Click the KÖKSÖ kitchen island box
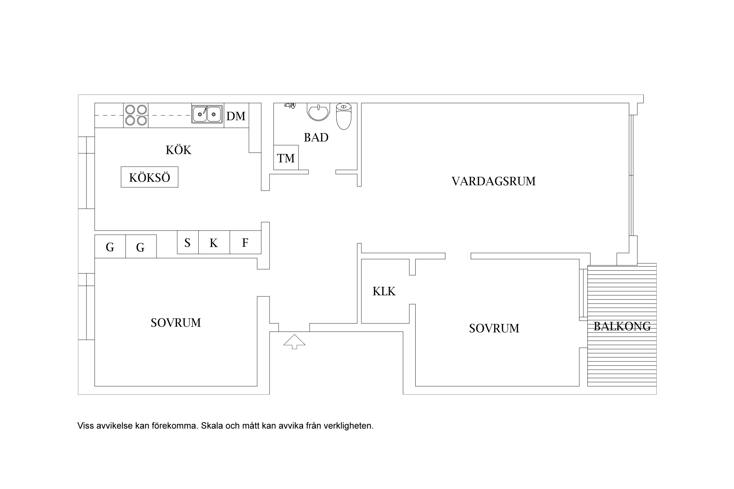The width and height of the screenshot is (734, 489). pyautogui.click(x=149, y=177)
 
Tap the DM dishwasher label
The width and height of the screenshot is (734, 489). pyautogui.click(x=236, y=116)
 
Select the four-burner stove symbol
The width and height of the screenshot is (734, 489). pyautogui.click(x=136, y=115)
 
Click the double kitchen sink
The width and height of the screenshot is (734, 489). pyautogui.click(x=207, y=114)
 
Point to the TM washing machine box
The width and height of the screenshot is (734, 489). pyautogui.click(x=286, y=158)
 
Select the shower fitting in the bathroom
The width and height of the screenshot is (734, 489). pyautogui.click(x=290, y=105)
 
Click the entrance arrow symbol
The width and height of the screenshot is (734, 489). pyautogui.click(x=294, y=341)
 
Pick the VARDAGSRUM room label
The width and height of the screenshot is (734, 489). pyautogui.click(x=493, y=181)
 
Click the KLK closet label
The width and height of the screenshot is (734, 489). pyautogui.click(x=384, y=291)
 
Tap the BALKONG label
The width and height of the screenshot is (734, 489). pyautogui.click(x=622, y=326)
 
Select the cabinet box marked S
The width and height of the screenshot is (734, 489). pyautogui.click(x=188, y=243)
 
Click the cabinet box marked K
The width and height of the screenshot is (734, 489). pyautogui.click(x=214, y=243)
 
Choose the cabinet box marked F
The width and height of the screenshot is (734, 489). pyautogui.click(x=245, y=243)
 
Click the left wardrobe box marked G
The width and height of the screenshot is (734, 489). pyautogui.click(x=110, y=247)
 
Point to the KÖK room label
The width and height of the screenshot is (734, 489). pyautogui.click(x=178, y=150)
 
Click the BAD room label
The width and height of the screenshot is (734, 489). pyautogui.click(x=316, y=138)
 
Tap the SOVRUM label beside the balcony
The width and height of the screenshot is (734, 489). pyautogui.click(x=494, y=328)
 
